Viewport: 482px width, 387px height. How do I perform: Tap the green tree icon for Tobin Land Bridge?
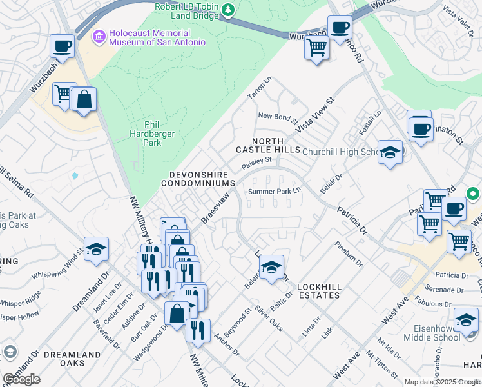coord(227,10)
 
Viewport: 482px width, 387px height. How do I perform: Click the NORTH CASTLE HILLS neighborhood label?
coord(267,145)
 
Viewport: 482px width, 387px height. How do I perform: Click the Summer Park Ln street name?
coord(275,191)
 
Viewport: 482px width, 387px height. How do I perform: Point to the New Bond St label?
coord(277,117)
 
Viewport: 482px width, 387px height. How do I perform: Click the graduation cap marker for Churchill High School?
coord(390,152)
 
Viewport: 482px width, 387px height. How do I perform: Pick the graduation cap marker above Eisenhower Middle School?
coord(466,319)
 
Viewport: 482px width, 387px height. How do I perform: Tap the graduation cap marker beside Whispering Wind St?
coord(96,249)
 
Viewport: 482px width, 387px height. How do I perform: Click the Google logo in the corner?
coord(22,379)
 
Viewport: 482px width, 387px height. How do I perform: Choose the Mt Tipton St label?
coord(380,364)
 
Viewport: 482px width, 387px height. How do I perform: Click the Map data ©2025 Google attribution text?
coord(442,382)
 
